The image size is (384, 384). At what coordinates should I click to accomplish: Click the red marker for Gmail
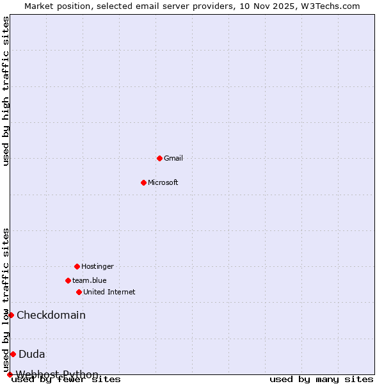pos(159,158)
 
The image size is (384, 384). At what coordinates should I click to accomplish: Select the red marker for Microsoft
pos(143,182)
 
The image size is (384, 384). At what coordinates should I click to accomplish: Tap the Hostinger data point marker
pos(77,266)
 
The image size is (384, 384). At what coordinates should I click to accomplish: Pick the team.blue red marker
pos(68,280)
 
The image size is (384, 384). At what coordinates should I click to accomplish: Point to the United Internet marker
pos(79,292)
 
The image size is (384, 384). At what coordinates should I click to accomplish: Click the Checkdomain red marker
pos(11,315)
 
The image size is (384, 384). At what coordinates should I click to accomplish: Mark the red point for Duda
pos(13,354)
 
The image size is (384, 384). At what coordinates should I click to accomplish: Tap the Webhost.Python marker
pos(10,374)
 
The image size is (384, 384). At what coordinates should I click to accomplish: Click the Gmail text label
pos(173,158)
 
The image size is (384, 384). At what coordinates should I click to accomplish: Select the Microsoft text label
pos(163,182)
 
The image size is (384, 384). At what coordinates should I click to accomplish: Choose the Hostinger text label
pos(97,266)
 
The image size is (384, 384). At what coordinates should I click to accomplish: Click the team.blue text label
pos(90,280)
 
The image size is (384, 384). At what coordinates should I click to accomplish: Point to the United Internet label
pos(109,292)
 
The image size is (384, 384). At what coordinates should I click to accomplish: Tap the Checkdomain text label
pos(51,315)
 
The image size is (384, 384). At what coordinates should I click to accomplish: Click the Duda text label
pos(32,354)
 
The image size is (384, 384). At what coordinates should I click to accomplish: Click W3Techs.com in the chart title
pos(330,6)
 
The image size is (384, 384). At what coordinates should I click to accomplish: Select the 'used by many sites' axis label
pos(321,380)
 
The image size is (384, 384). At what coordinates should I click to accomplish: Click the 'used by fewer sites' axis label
pos(66,380)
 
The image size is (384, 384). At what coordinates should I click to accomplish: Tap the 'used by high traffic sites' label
pos(6,91)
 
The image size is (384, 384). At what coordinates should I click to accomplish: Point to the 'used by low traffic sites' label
pos(6,300)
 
